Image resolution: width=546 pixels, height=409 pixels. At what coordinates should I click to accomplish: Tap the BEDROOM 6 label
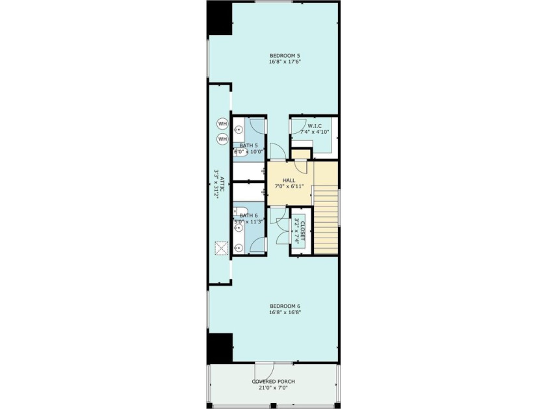click(284, 305)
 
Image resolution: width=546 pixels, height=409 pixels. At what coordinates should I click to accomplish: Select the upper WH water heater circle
click(222, 123)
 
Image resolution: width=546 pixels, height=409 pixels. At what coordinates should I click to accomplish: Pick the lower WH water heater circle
click(222, 139)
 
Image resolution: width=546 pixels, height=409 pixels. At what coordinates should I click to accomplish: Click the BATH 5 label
click(249, 145)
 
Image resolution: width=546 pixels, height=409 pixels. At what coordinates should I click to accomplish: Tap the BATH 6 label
click(249, 216)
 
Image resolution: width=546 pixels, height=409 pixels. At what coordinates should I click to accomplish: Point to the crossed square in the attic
click(222, 247)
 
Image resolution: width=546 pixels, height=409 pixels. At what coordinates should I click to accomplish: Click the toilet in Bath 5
click(239, 153)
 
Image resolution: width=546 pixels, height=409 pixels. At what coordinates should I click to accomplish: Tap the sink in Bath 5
click(238, 129)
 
